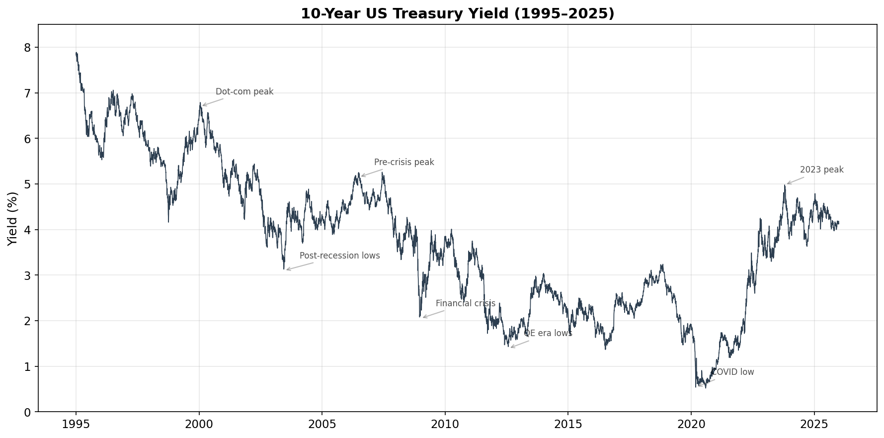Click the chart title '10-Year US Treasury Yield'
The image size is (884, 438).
point(457,13)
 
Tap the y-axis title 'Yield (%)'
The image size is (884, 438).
point(13,219)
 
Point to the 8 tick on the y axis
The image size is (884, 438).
point(27,48)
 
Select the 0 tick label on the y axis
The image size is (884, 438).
point(27,412)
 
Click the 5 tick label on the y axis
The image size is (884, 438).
point(27,184)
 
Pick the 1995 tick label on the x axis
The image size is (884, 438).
point(76,425)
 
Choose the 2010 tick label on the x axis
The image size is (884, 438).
point(445,425)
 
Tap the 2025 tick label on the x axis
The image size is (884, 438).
point(814,425)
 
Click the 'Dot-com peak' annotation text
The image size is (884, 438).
point(244,92)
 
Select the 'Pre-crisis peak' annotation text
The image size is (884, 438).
point(404,163)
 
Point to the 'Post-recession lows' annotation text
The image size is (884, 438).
point(339,256)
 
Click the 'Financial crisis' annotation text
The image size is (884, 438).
point(465,304)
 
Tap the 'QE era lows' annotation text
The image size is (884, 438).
point(548,334)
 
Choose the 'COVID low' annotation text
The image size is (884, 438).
point(733,372)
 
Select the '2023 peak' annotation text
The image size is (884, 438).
point(821,170)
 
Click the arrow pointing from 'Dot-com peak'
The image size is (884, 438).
point(213,102)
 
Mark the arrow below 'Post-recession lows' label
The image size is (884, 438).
point(300,266)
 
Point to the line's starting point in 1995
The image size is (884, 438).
point(76,53)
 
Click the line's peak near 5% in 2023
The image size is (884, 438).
point(785,185)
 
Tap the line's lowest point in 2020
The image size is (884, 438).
point(705,387)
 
